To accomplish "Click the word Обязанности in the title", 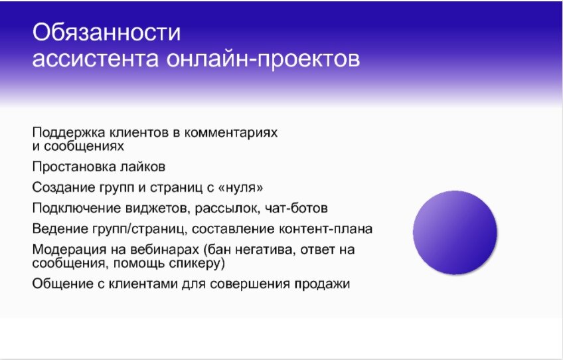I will (x=107, y=33).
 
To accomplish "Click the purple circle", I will (x=455, y=231).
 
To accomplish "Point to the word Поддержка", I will (x=64, y=132).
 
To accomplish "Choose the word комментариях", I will (x=232, y=132).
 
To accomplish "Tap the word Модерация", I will (x=64, y=250).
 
